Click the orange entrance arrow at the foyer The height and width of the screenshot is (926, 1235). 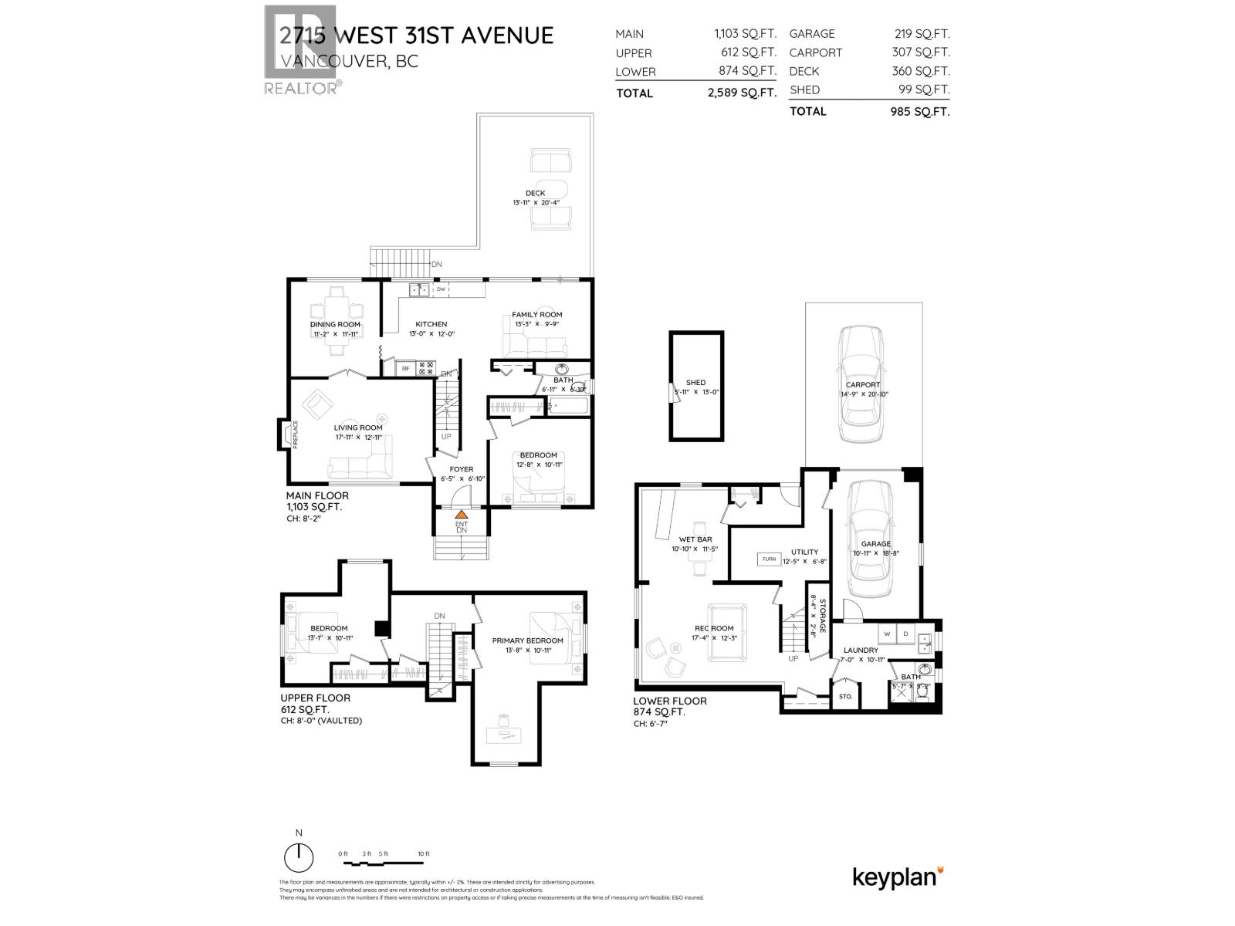click(461, 514)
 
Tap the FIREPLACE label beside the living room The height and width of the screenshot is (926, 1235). click(295, 434)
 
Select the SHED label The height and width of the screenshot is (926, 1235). click(695, 382)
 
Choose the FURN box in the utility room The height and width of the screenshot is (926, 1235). click(769, 559)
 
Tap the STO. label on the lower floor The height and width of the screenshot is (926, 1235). click(845, 696)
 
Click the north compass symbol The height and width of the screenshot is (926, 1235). click(299, 857)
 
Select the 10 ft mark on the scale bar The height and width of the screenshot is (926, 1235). click(422, 853)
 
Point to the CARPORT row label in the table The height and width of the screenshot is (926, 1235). click(815, 52)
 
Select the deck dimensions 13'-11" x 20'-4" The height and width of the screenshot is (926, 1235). click(535, 203)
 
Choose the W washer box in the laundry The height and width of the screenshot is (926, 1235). click(887, 634)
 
